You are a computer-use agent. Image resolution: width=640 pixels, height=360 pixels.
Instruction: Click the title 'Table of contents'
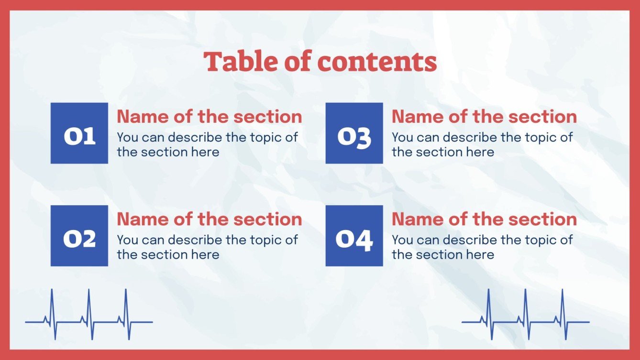320,62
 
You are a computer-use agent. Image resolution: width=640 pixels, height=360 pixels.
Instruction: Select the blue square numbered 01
79,133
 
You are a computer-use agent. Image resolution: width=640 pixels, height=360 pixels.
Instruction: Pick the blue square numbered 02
79,236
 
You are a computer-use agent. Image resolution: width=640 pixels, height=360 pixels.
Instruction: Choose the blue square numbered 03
354,133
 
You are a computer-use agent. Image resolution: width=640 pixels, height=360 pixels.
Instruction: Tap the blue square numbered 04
354,236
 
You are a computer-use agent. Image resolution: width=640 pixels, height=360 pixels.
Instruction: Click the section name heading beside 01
210,117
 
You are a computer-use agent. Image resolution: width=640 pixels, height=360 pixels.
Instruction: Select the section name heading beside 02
210,219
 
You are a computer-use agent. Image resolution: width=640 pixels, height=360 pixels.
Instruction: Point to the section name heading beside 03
484,117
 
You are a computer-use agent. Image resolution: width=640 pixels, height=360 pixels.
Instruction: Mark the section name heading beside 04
484,219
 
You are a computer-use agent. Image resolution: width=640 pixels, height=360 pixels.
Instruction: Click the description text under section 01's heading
207,144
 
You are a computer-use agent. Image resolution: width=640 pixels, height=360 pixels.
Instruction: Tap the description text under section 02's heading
207,247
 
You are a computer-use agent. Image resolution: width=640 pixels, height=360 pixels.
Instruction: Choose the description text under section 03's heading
482,144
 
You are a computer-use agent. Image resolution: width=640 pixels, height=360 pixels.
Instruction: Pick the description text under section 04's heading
482,247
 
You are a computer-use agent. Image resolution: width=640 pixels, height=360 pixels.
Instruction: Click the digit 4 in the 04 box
364,240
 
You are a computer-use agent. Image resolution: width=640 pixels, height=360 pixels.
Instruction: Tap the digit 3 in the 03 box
363,138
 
